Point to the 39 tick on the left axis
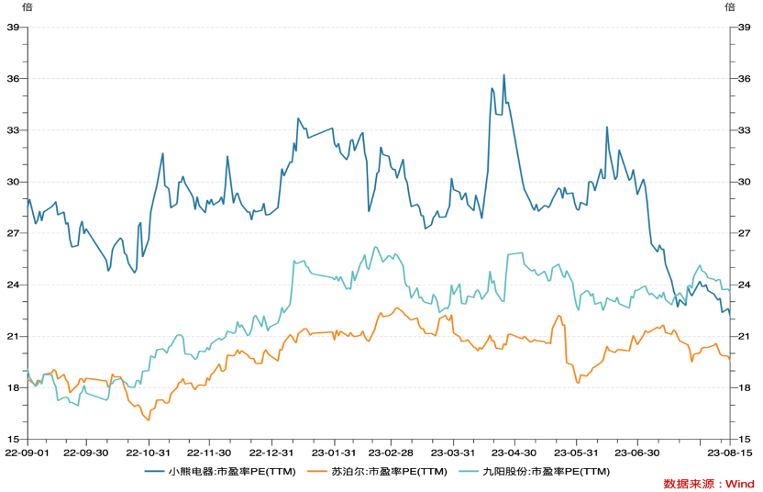pyautogui.click(x=14, y=27)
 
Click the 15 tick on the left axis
pyautogui.click(x=14, y=439)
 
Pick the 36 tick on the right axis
pyautogui.click(x=745, y=78)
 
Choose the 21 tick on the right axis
pyautogui.click(x=745, y=336)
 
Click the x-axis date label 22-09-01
pyautogui.click(x=25, y=453)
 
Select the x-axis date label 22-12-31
pyautogui.click(x=271, y=453)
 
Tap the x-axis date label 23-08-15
pyautogui.click(x=730, y=453)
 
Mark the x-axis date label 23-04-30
pyautogui.click(x=514, y=453)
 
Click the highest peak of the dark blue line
pyautogui.click(x=503, y=75)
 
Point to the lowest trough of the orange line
pyautogui.click(x=149, y=420)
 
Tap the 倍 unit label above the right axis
pyautogui.click(x=730, y=7)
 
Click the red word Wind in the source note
pyautogui.click(x=739, y=484)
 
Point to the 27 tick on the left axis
pyautogui.click(x=14, y=233)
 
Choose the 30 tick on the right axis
pyautogui.click(x=745, y=182)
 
